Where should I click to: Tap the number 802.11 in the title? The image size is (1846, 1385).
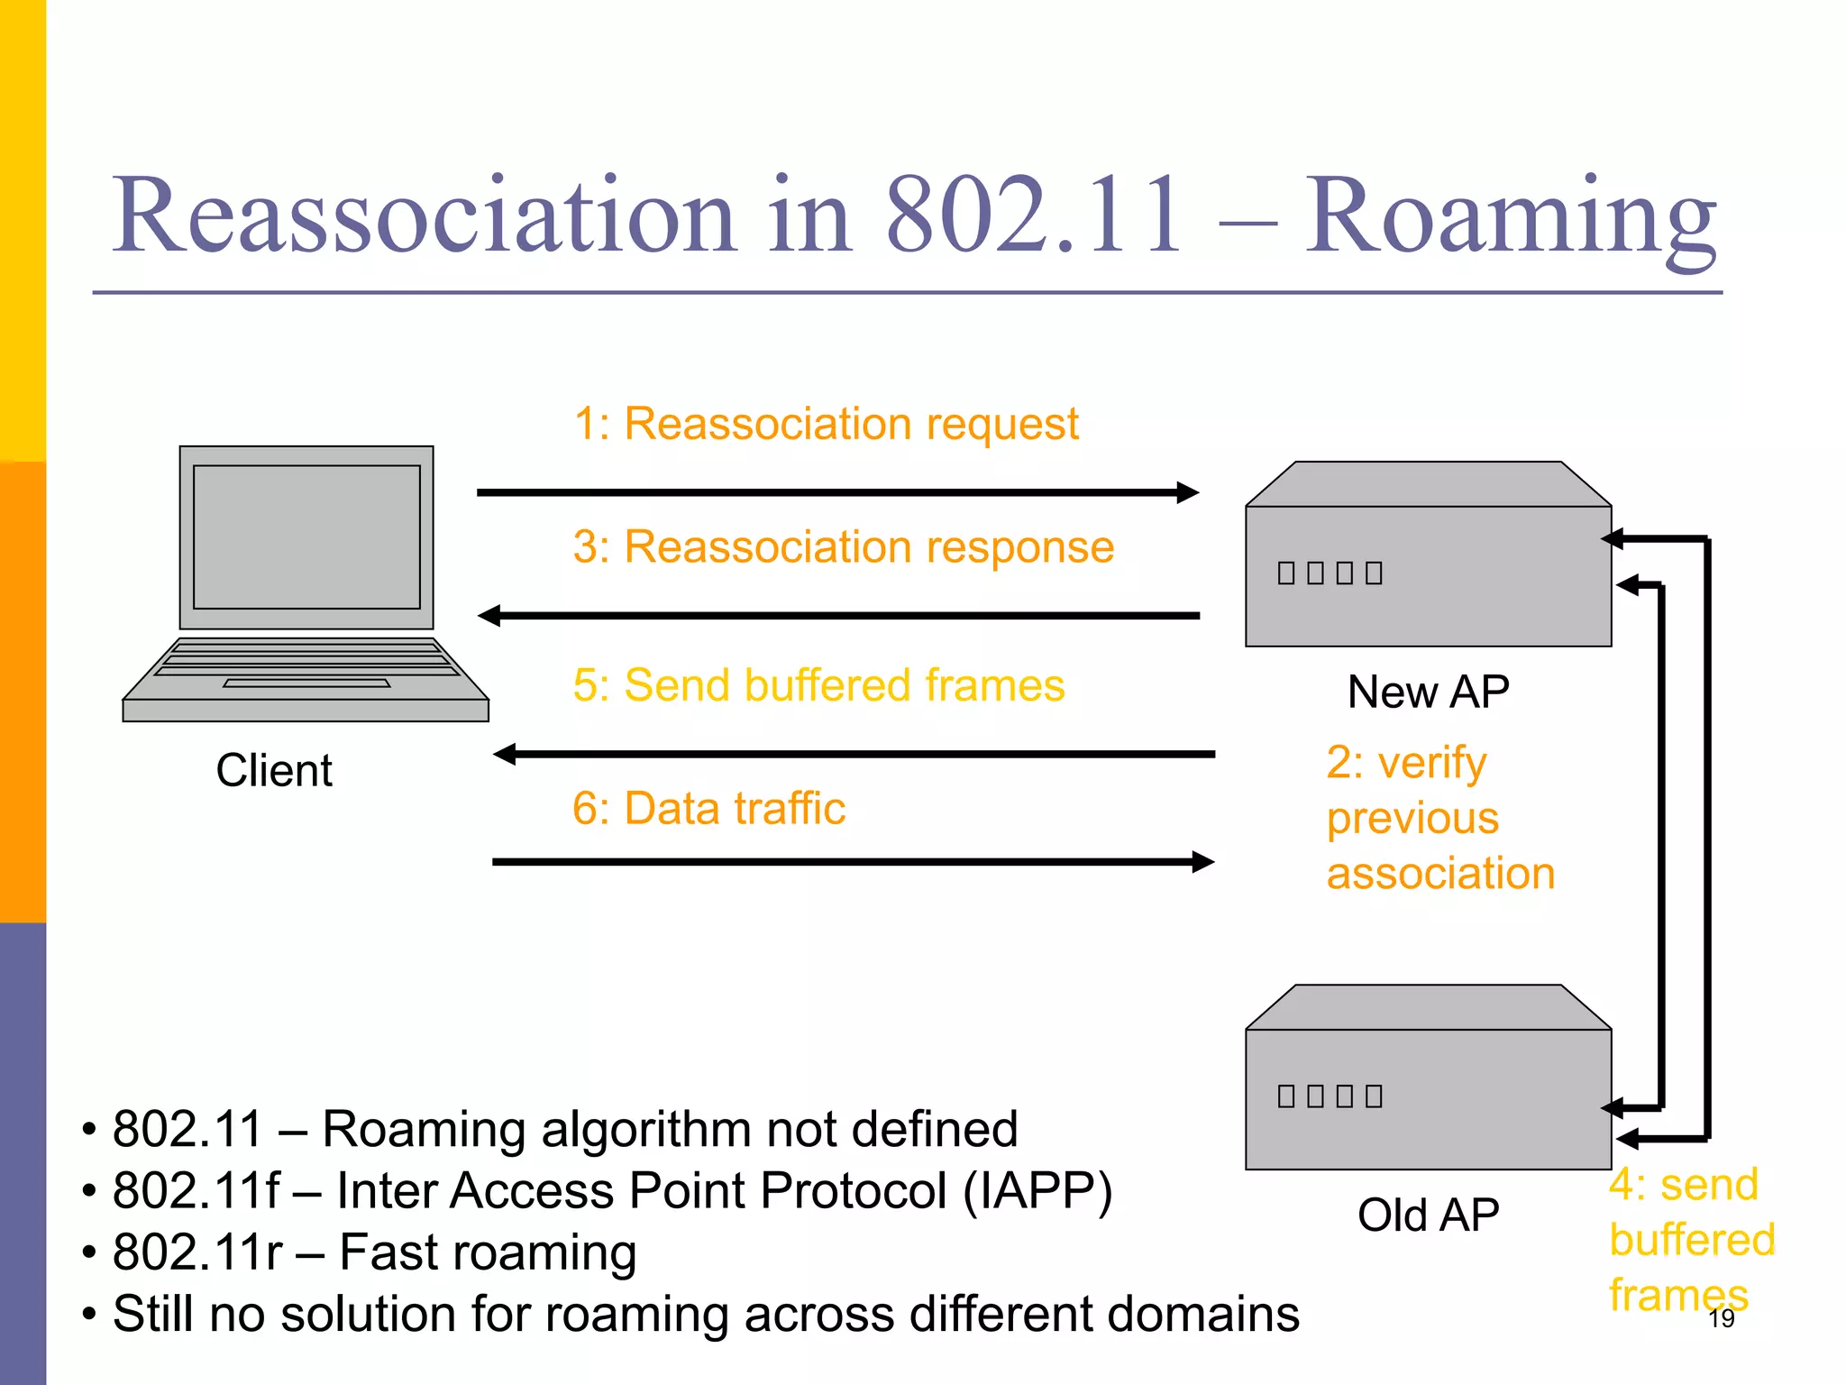1033,216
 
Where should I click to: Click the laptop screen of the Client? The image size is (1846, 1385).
306,537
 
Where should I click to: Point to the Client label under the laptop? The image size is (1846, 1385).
274,771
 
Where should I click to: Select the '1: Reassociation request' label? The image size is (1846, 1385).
826,424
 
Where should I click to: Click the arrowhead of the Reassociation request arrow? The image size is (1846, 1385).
1188,492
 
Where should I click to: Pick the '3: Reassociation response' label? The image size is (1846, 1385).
844,547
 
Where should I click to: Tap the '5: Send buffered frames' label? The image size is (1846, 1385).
818,685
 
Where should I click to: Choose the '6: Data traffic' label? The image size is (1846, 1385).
708,808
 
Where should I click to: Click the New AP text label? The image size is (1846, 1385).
1428,692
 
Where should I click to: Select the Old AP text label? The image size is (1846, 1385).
1428,1215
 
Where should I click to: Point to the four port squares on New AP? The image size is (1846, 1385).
1330,573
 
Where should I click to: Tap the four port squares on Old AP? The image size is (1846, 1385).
1330,1096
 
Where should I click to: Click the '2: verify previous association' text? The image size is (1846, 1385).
1439,818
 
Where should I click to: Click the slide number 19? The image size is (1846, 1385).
1721,1318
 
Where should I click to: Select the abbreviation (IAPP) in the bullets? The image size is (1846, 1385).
1037,1190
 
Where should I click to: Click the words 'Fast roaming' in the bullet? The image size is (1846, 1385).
488,1252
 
